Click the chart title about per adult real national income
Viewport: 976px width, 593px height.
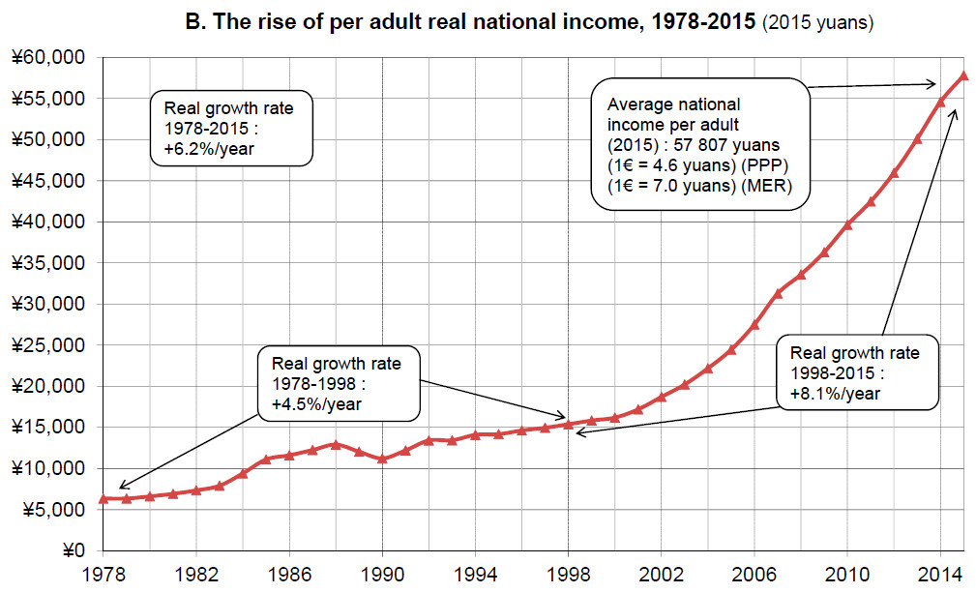click(469, 22)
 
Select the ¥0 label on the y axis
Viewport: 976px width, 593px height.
click(73, 550)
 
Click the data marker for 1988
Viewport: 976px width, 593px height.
click(336, 444)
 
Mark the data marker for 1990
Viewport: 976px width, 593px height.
click(382, 459)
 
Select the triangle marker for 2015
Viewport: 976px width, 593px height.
click(964, 75)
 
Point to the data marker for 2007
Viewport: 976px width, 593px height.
click(778, 292)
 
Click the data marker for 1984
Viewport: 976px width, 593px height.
click(242, 473)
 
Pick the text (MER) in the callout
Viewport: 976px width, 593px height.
click(769, 186)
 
